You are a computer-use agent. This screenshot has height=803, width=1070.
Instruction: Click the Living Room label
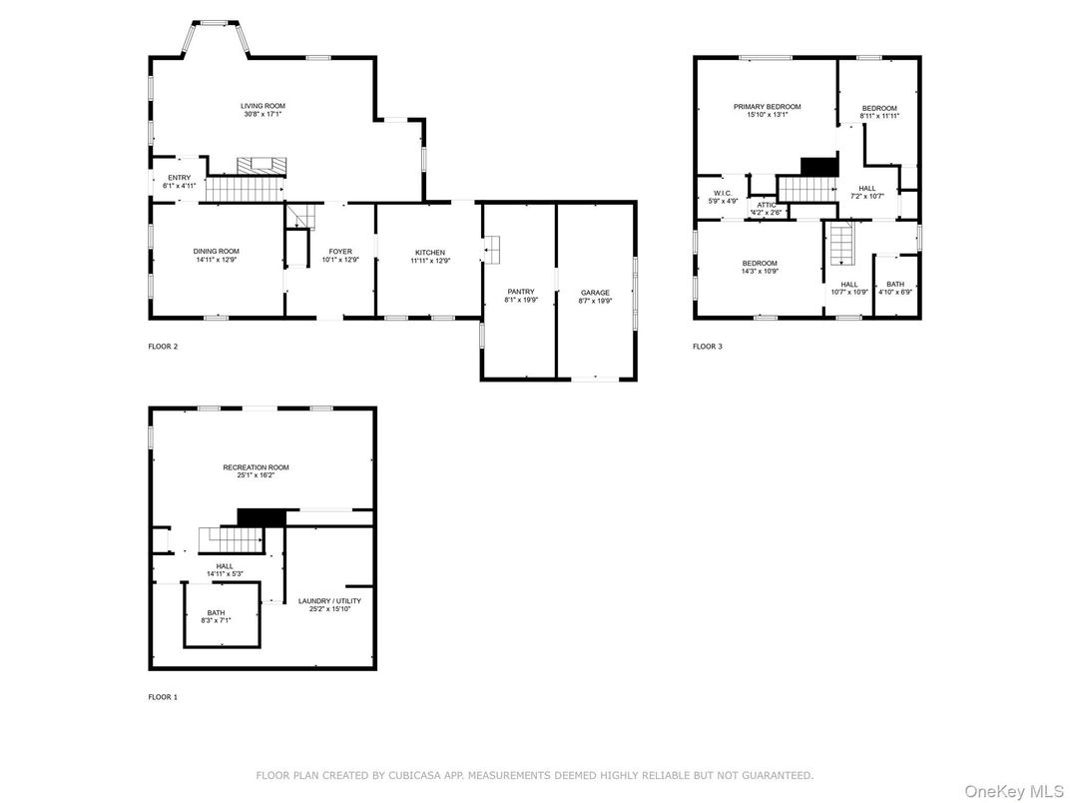point(263,106)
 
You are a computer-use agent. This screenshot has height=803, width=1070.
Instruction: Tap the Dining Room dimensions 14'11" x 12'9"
point(217,260)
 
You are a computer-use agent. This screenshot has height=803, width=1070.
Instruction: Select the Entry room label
point(180,178)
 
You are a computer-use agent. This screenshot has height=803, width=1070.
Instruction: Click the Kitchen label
point(430,252)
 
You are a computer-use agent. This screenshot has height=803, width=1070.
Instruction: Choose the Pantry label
point(520,292)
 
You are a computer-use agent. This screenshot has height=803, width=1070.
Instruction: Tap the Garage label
point(595,293)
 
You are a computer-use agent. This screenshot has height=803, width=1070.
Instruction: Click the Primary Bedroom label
point(767,107)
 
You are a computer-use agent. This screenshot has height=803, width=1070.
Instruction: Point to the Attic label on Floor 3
point(767,204)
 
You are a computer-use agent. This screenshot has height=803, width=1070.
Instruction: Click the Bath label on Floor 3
point(894,285)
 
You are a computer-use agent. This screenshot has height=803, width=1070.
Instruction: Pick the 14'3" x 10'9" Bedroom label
point(759,263)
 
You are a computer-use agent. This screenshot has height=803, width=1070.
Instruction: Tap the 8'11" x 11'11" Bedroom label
point(879,108)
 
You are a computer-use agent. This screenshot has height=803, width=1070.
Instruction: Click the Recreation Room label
point(256,467)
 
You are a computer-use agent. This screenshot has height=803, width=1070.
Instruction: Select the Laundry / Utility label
point(329,600)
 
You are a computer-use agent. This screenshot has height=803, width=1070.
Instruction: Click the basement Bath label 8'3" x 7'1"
point(217,613)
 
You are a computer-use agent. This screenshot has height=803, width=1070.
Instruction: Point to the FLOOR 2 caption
point(163,347)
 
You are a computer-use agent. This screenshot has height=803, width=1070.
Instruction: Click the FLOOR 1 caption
point(163,697)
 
